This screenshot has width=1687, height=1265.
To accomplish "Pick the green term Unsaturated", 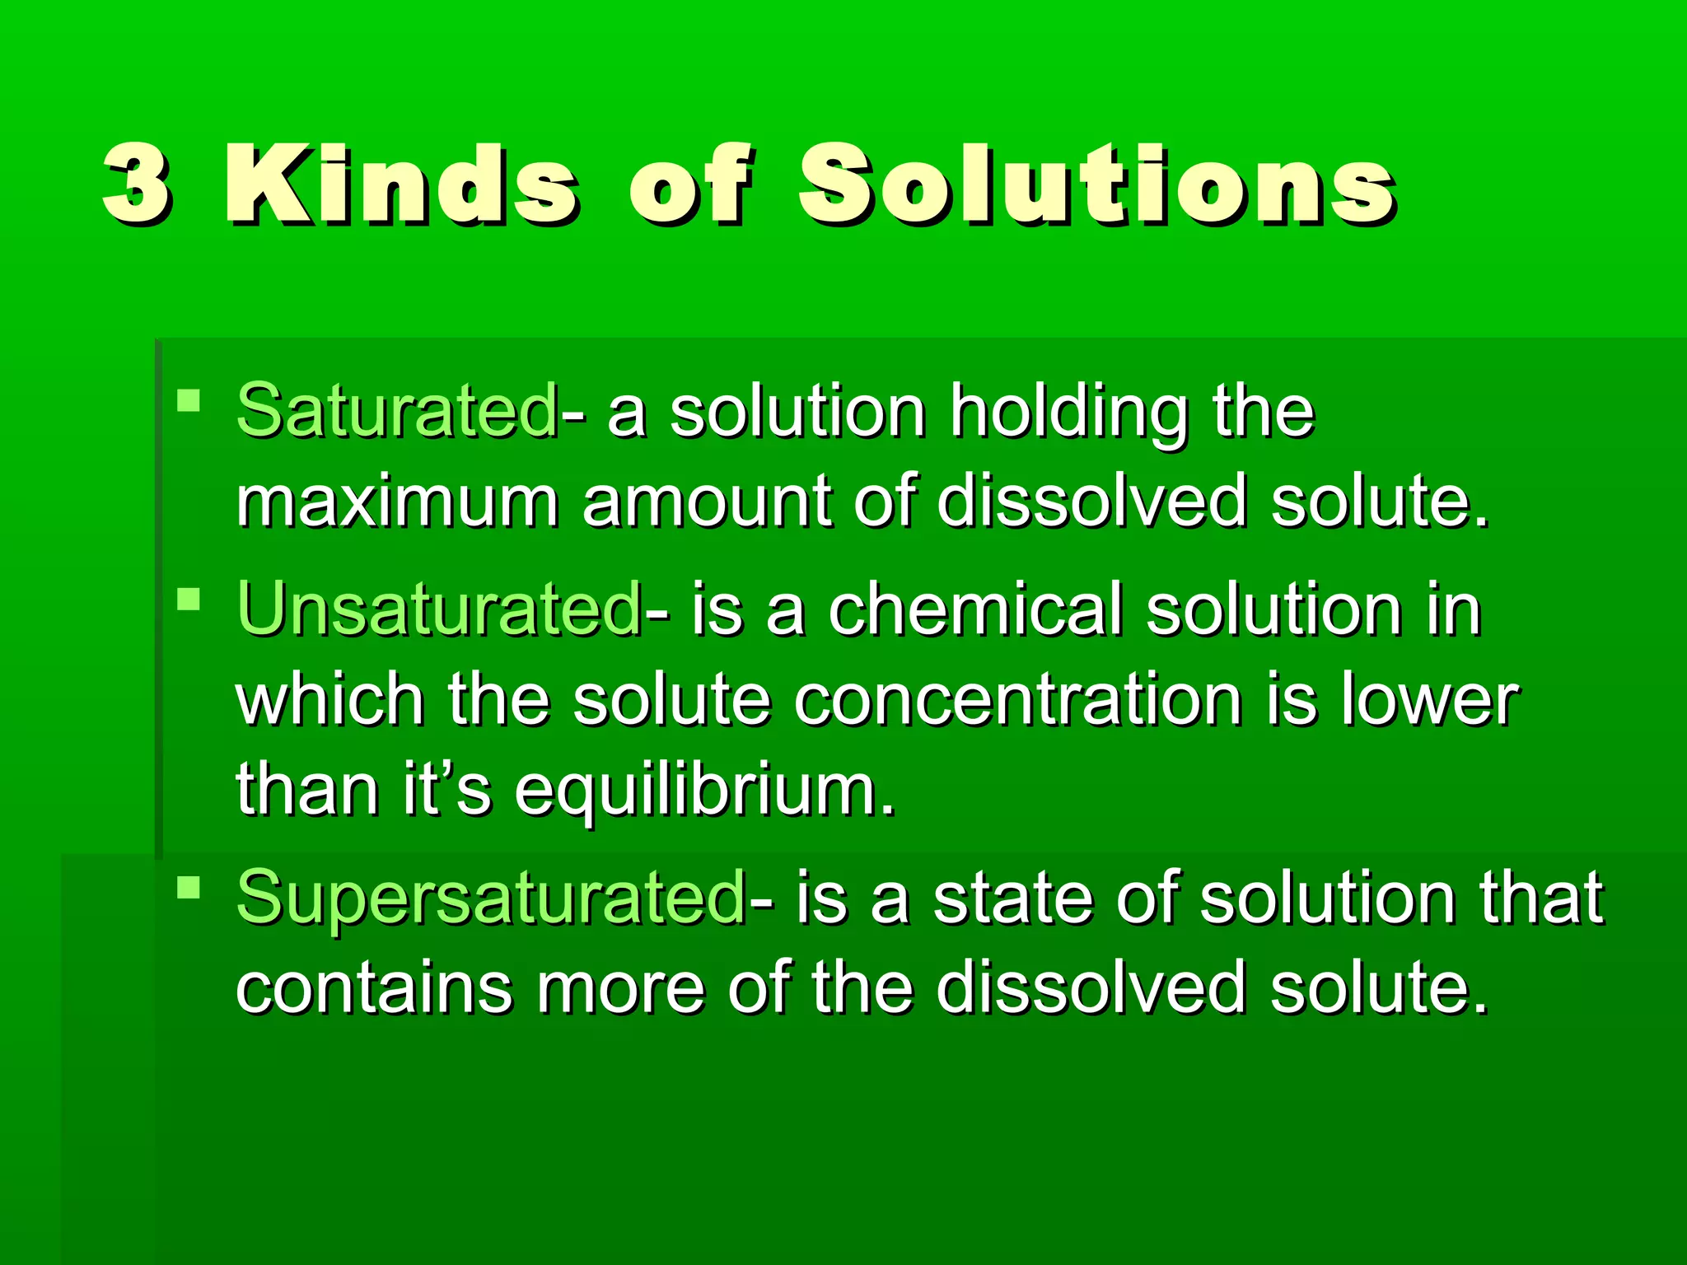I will [439, 609].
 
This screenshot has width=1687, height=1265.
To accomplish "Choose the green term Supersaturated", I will [491, 898].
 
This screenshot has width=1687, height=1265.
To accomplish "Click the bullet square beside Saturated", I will [189, 401].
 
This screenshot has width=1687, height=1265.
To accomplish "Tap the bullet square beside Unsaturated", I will [189, 599].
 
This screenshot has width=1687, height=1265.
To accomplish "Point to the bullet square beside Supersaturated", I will [189, 888].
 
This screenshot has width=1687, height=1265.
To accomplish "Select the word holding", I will [1069, 412].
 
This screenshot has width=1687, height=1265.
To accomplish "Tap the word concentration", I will [1018, 699].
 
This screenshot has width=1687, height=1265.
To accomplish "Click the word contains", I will [374, 988].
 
